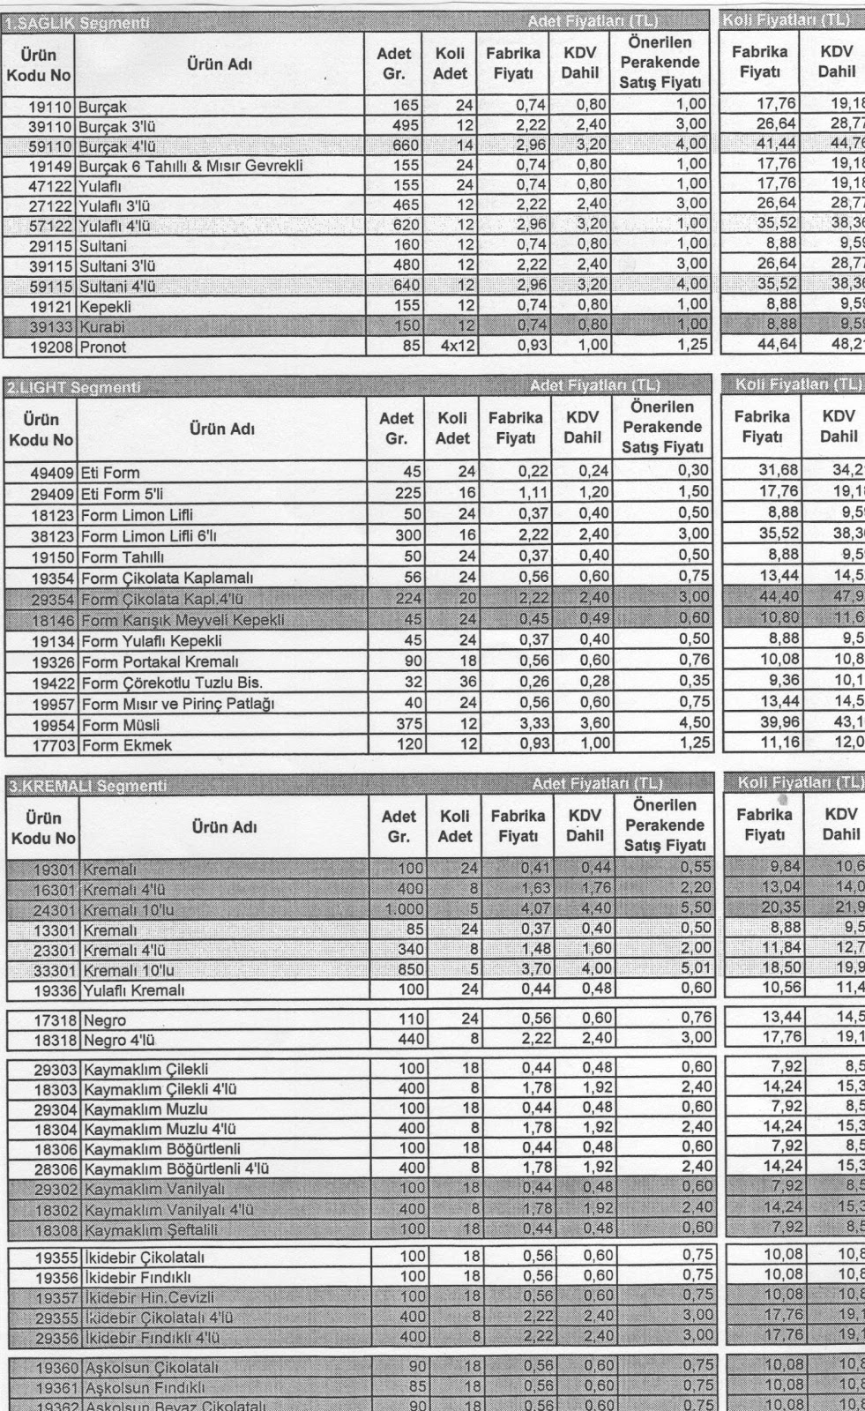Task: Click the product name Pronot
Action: [103, 347]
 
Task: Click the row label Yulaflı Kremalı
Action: [133, 990]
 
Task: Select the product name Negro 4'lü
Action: [119, 1040]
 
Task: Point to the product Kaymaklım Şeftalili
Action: [151, 1229]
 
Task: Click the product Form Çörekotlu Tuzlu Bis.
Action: [172, 682]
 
